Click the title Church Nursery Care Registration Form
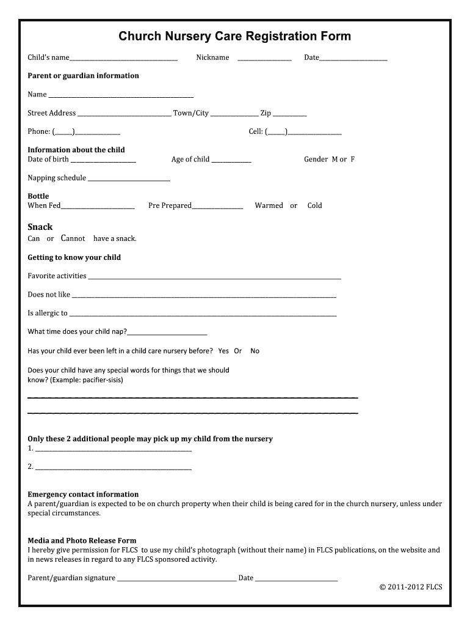click(x=234, y=36)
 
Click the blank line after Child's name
click(x=123, y=59)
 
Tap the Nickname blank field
click(x=264, y=59)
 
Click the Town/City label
click(x=191, y=113)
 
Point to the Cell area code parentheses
click(x=277, y=132)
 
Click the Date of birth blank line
click(x=103, y=161)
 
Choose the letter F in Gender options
click(x=352, y=160)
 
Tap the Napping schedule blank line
click(x=129, y=180)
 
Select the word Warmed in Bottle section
click(x=269, y=206)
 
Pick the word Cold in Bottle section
click(x=314, y=206)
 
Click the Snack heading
click(x=40, y=227)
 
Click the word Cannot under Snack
click(x=73, y=238)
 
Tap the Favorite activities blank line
click(x=214, y=278)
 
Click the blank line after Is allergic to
click(x=203, y=315)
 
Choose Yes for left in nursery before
click(x=223, y=351)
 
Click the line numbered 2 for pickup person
click(x=114, y=468)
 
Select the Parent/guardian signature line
click(x=176, y=580)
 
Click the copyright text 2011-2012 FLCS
click(x=410, y=587)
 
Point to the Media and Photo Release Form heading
click(x=82, y=541)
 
